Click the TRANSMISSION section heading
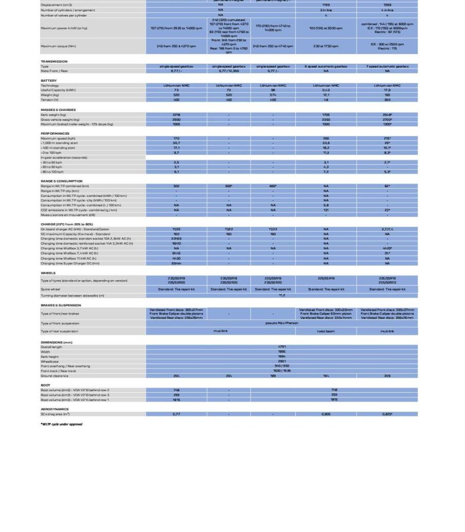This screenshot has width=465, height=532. (54, 61)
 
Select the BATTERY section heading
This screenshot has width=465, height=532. (49, 81)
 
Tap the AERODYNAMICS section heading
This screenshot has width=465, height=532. (55, 409)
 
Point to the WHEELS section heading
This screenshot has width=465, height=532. (48, 273)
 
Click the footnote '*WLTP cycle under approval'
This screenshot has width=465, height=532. (61, 424)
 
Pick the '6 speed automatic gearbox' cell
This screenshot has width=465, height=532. (326, 66)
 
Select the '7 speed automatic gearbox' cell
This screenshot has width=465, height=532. (387, 66)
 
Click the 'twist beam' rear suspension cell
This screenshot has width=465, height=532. (326, 331)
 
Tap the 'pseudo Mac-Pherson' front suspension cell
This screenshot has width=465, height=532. (281, 323)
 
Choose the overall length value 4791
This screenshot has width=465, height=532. (281, 347)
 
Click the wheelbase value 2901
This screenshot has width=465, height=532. (281, 361)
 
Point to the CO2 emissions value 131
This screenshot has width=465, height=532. (326, 210)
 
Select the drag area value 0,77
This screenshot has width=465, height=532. (176, 414)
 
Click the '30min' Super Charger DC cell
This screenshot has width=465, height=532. (176, 263)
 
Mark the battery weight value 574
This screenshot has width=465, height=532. (273, 95)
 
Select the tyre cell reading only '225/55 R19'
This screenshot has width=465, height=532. (326, 279)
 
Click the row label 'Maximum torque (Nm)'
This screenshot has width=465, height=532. (58, 46)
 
